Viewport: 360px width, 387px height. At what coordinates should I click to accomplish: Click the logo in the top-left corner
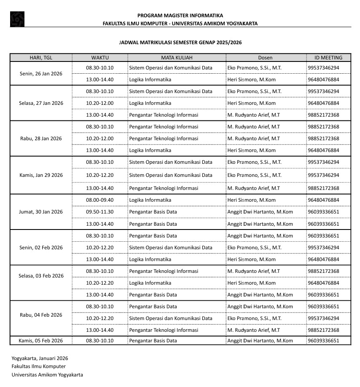click(17, 19)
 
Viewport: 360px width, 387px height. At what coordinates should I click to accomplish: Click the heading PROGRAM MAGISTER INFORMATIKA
click(180, 16)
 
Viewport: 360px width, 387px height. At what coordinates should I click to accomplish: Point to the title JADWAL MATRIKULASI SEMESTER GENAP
click(180, 43)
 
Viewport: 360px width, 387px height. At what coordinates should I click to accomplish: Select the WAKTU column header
click(100, 58)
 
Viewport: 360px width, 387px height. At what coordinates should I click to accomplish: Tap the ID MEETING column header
click(328, 58)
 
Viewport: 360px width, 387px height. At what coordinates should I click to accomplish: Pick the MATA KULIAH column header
click(177, 58)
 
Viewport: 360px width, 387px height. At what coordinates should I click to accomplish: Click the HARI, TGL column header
click(41, 58)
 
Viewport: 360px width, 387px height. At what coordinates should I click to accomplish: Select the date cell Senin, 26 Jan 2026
click(41, 74)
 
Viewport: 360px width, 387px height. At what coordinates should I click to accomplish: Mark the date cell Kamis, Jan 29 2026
click(41, 175)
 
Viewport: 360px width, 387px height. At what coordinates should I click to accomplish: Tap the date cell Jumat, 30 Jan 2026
click(41, 212)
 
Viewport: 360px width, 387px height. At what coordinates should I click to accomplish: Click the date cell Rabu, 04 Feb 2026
click(41, 315)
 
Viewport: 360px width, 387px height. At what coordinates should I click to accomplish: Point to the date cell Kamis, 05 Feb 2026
click(41, 341)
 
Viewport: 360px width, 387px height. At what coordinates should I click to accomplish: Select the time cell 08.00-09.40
click(100, 200)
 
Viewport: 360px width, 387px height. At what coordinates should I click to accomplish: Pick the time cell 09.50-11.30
click(100, 212)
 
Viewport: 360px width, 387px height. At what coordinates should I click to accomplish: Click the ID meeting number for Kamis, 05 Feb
click(323, 341)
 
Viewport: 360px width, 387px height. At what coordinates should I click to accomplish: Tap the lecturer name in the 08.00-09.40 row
click(251, 200)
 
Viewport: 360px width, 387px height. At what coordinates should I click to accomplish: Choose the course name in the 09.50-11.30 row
click(153, 212)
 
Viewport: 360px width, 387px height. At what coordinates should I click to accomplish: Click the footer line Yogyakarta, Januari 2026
click(40, 358)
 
